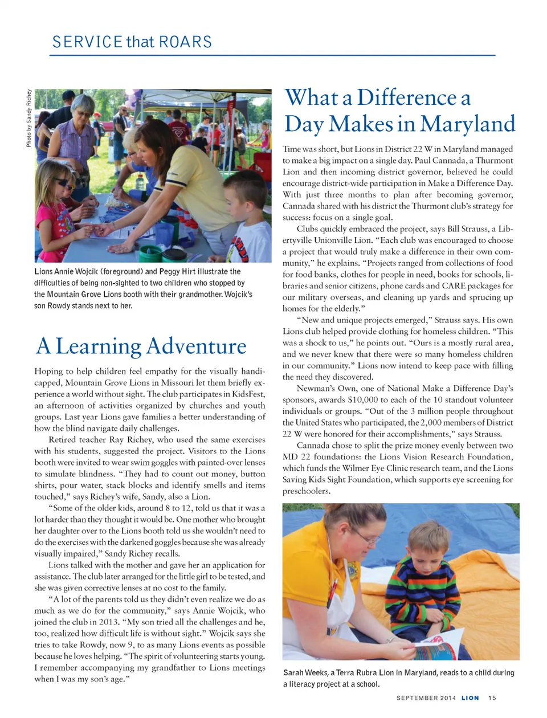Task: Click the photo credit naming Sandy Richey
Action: pos(28,118)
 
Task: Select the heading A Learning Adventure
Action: pos(141,346)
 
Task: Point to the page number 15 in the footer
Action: pos(492,697)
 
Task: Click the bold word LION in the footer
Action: pos(470,697)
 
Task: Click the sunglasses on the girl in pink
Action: pos(62,182)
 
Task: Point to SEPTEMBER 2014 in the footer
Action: pos(426,697)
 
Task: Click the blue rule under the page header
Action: pos(272,55)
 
